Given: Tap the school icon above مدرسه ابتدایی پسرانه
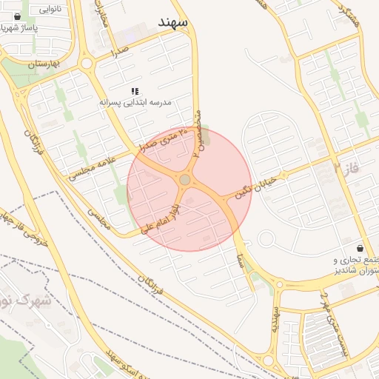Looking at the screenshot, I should click(x=134, y=90).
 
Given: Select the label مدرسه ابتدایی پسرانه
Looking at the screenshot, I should click(x=135, y=102).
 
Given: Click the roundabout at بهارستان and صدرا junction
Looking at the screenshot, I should click(x=87, y=64).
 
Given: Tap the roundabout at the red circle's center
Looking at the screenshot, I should click(x=184, y=180).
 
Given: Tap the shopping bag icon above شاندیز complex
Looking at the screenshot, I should click(x=360, y=248).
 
